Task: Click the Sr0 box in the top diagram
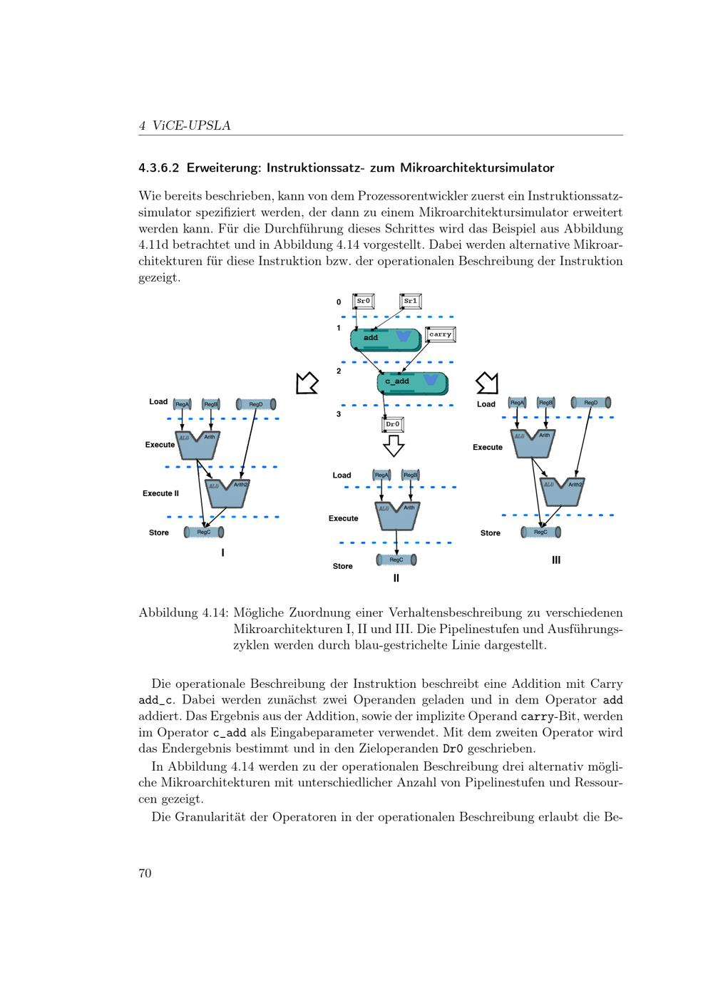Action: (364, 302)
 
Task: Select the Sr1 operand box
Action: (411, 302)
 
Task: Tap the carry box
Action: (440, 334)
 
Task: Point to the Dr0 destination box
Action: (393, 425)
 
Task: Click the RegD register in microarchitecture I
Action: (255, 404)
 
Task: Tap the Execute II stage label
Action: (160, 493)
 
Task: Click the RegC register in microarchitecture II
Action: (396, 560)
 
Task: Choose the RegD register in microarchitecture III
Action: (591, 403)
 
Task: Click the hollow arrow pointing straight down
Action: (394, 446)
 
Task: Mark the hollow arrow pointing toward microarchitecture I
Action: (307, 383)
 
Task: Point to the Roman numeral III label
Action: (556, 560)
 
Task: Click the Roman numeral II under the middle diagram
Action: (396, 579)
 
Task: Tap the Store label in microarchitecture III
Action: (490, 533)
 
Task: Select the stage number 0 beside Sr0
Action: (339, 302)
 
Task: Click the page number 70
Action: (145, 874)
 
